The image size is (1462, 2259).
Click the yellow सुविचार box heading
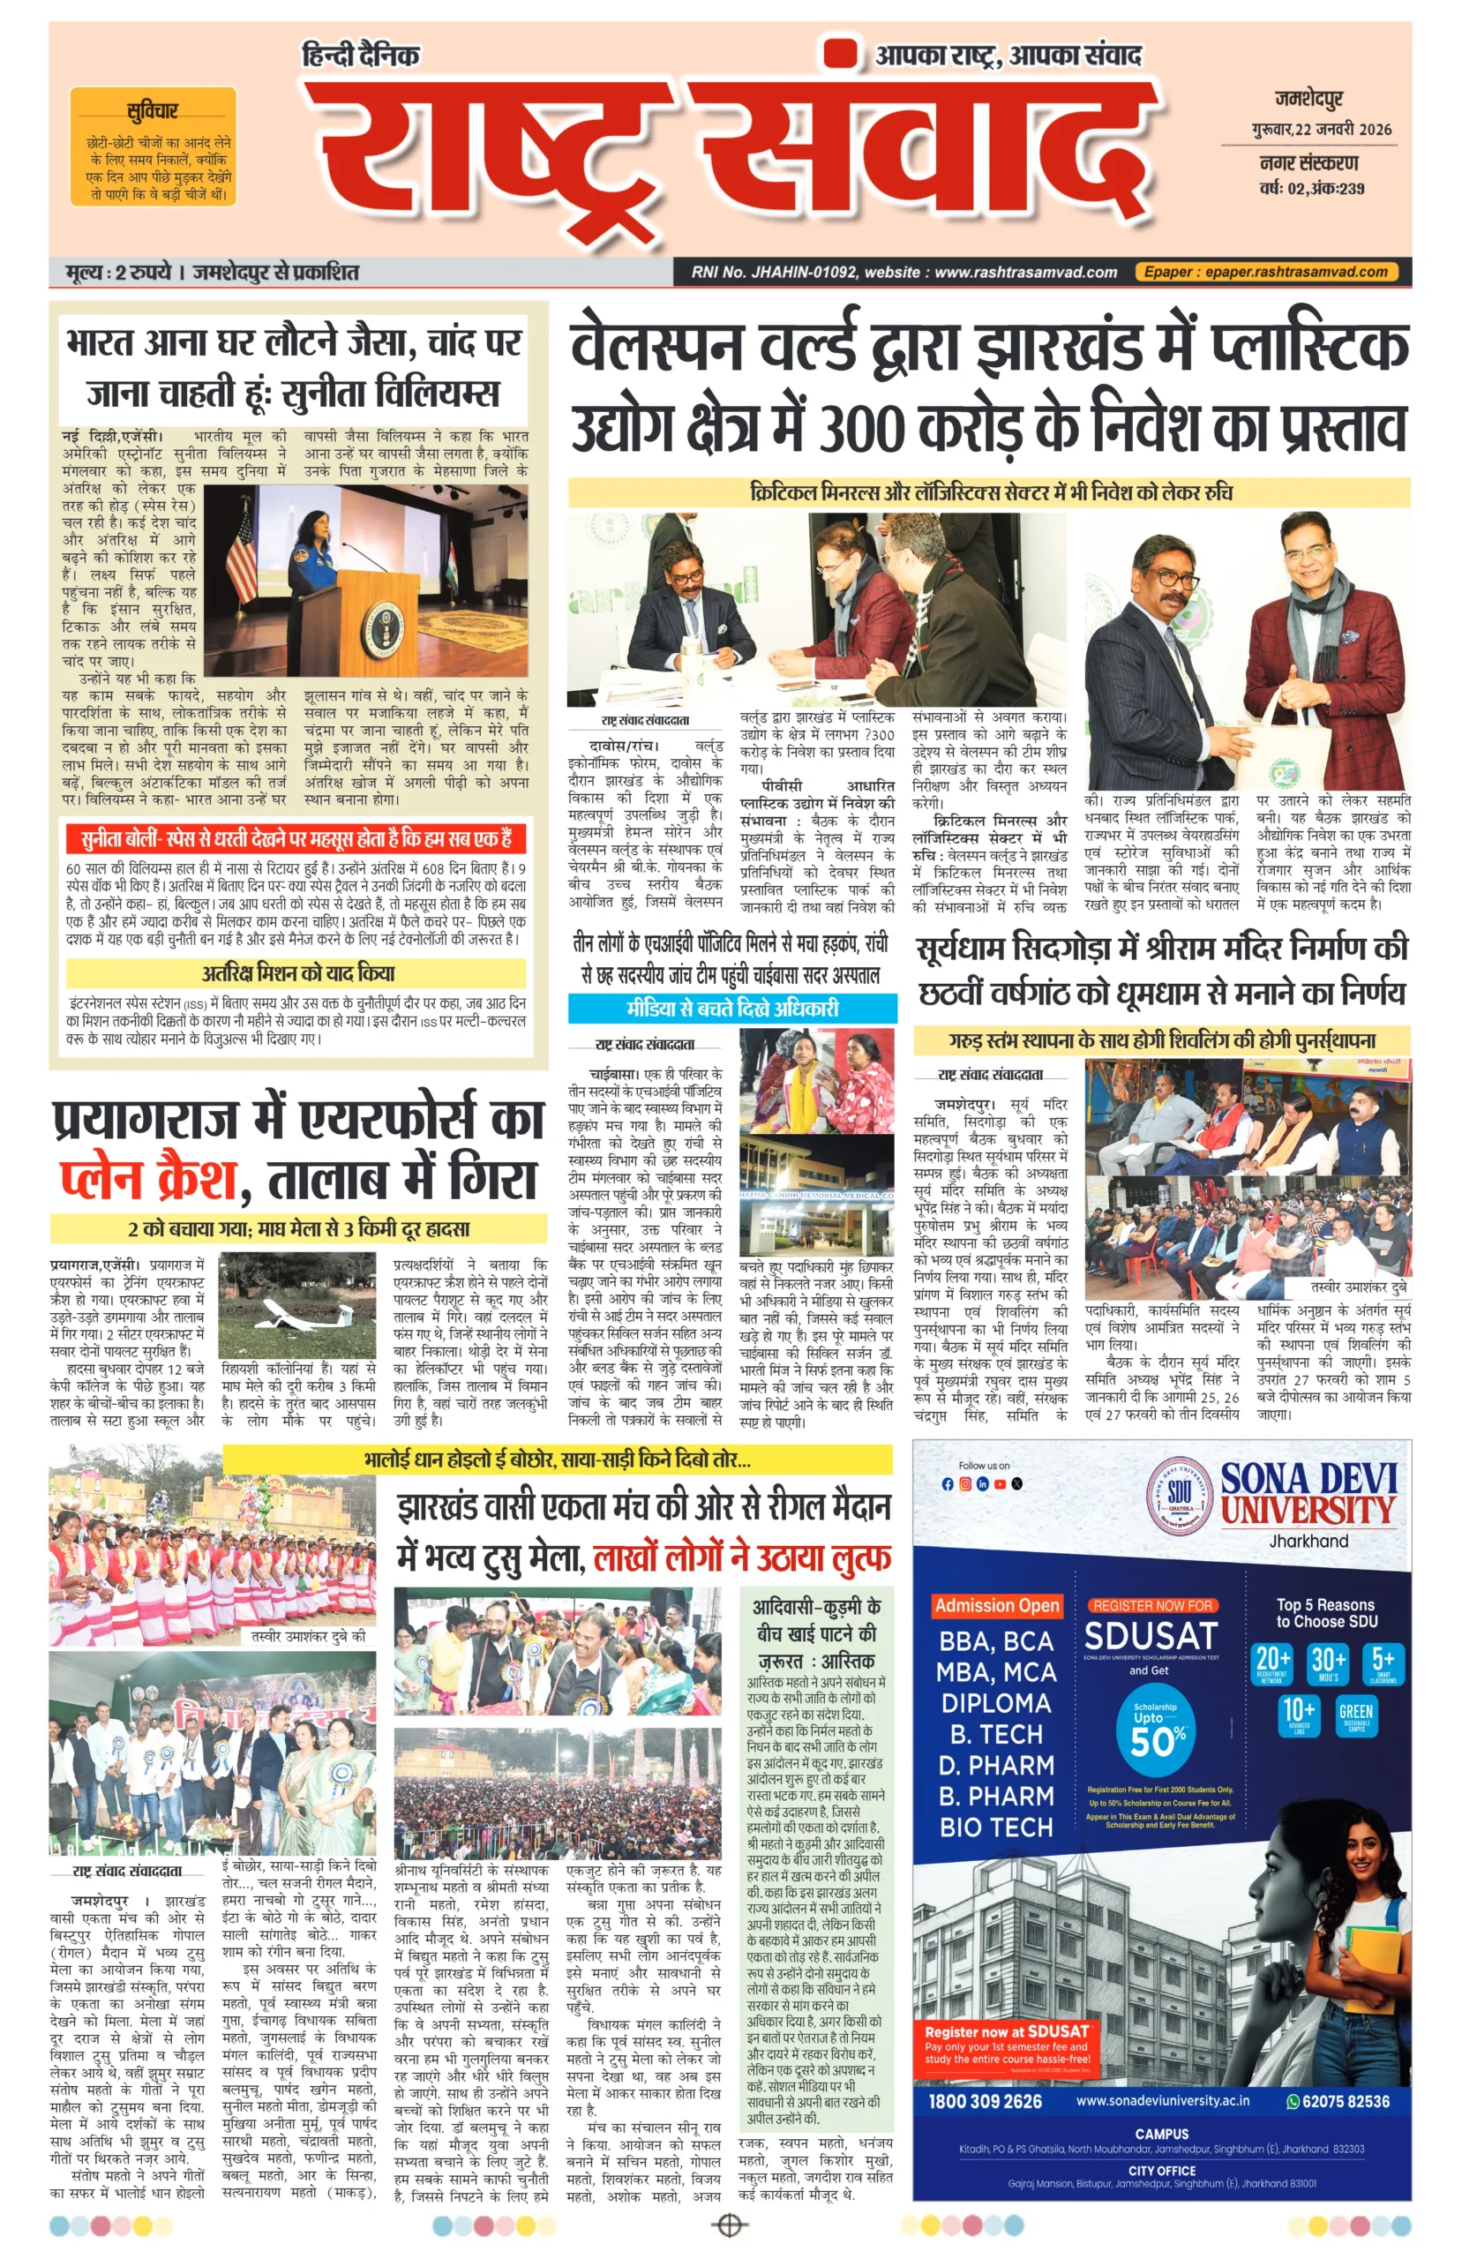(152, 112)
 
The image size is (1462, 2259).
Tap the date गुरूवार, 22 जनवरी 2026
(1321, 130)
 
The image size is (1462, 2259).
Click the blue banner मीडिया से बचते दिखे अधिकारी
(732, 1008)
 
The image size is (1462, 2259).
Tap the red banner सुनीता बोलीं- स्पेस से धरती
(296, 839)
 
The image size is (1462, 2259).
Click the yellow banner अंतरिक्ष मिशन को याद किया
(296, 973)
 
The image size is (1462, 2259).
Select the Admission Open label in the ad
(996, 1605)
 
